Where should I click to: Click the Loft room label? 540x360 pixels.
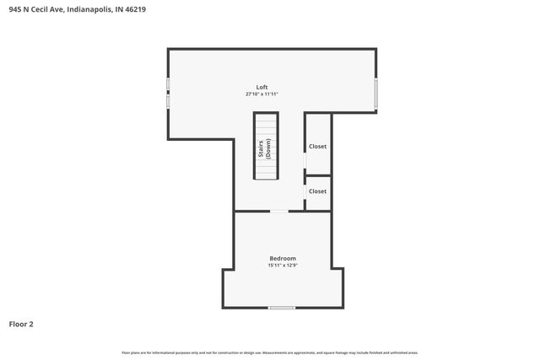click(x=262, y=87)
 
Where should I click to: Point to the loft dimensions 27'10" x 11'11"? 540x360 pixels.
click(x=262, y=94)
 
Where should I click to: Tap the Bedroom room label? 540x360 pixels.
click(x=283, y=258)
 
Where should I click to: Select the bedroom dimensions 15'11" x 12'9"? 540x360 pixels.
click(x=283, y=266)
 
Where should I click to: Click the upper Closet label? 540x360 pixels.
click(x=317, y=147)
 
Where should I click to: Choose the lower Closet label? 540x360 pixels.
click(x=317, y=191)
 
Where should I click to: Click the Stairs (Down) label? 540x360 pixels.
click(x=265, y=149)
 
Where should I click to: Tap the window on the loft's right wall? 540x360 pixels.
click(x=376, y=93)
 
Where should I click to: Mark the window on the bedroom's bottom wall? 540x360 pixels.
click(x=282, y=308)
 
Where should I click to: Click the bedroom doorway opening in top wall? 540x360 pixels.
click(x=278, y=211)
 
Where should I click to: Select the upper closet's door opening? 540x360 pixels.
click(x=305, y=160)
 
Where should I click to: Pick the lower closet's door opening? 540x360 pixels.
click(x=305, y=192)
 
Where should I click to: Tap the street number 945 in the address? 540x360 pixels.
click(x=15, y=9)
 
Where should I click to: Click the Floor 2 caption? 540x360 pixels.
click(x=21, y=324)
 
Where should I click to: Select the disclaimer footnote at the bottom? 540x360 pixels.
click(x=270, y=352)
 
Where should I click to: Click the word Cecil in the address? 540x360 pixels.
click(x=41, y=9)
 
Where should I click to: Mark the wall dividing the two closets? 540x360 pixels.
click(x=318, y=175)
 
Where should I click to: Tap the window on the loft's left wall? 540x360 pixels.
click(x=168, y=93)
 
